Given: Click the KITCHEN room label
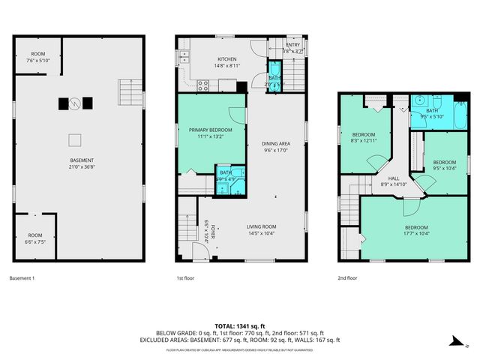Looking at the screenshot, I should [227, 58].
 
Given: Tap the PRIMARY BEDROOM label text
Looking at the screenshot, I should [205, 130].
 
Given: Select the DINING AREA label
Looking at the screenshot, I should [275, 143].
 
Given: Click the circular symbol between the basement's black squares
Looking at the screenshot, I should [74, 103].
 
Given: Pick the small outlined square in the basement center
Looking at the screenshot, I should [75, 139].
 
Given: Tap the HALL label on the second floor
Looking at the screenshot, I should [394, 178].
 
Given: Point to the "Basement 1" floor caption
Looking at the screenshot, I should [22, 278].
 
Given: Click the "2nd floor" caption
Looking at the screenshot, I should [347, 278].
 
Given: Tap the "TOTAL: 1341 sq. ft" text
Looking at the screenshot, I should [240, 325].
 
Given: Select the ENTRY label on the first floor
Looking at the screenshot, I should [292, 45].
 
